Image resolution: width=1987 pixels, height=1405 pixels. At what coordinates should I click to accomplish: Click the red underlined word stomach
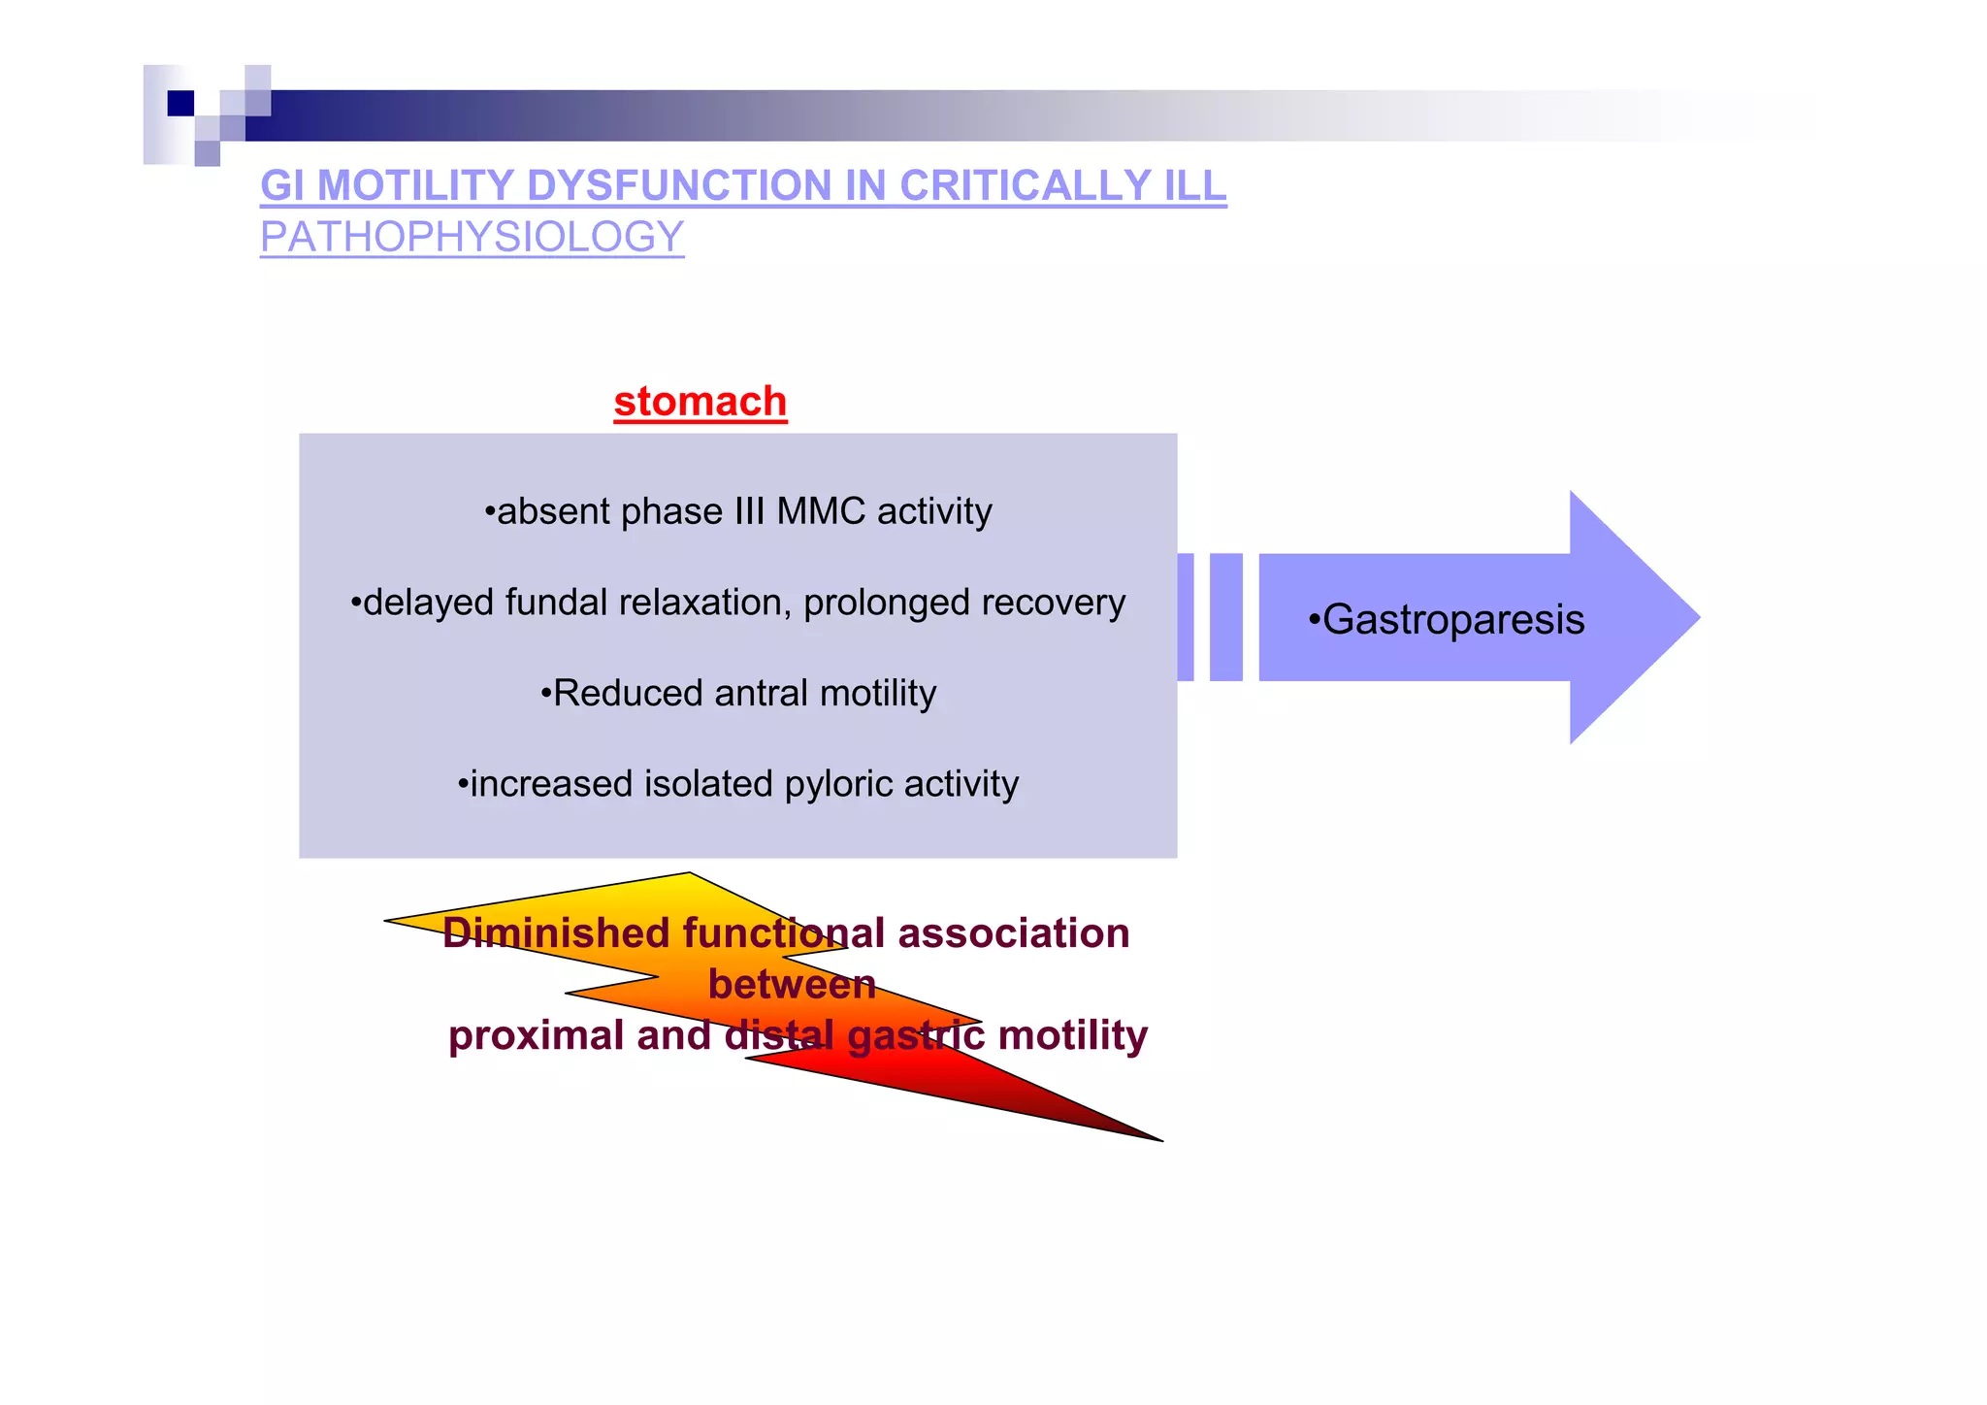click(700, 402)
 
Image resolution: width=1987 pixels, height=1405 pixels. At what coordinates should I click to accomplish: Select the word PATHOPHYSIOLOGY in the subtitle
click(472, 238)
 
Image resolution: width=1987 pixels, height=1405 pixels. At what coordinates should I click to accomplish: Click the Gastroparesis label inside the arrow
click(1451, 620)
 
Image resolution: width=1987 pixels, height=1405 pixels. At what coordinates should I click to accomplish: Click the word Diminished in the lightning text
click(557, 933)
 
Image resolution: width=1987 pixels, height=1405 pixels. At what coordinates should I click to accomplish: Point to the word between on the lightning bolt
click(792, 985)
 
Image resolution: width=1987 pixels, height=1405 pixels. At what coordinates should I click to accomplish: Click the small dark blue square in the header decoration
click(180, 103)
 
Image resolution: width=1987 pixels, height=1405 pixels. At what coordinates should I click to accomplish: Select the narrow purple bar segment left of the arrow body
click(1226, 617)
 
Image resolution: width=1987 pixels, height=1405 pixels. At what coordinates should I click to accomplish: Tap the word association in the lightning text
click(1013, 933)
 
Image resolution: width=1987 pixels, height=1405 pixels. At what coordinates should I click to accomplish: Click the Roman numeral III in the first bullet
click(744, 511)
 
